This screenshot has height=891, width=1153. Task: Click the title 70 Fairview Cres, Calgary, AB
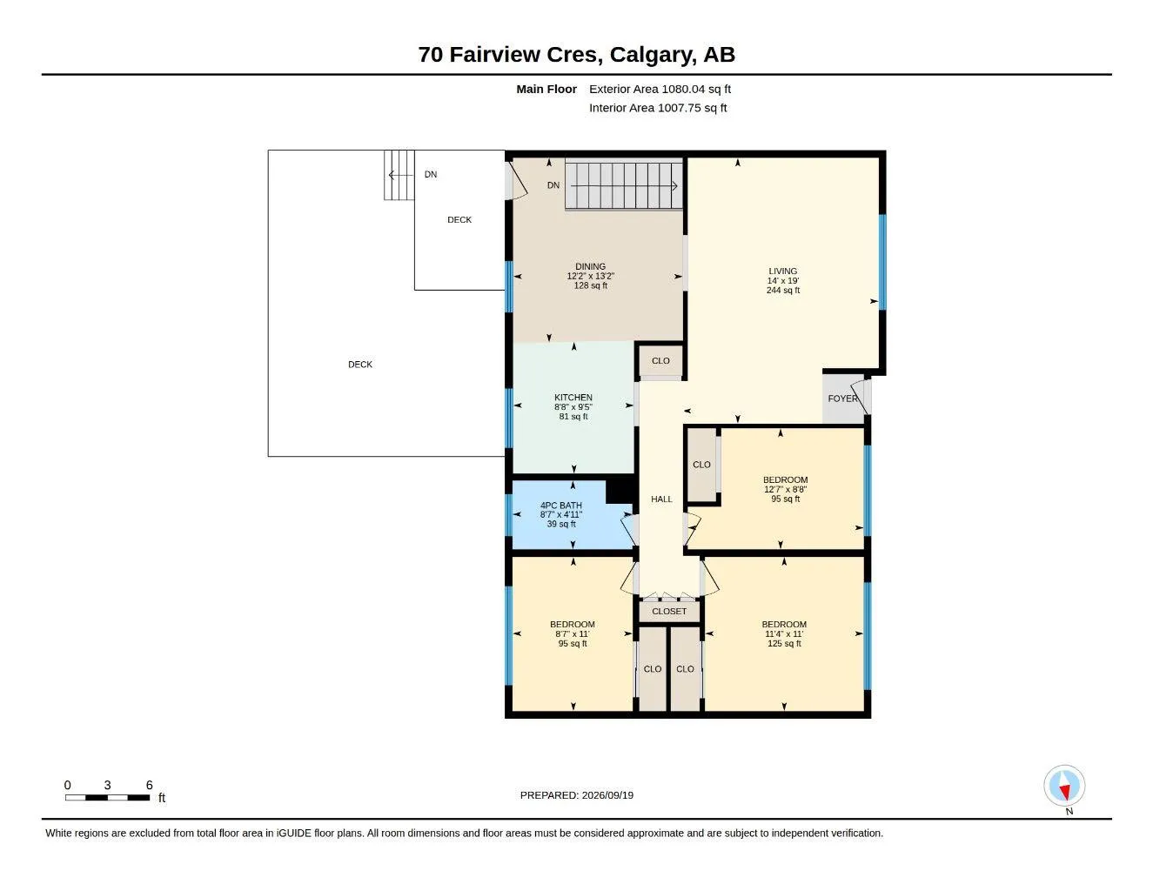pos(576,55)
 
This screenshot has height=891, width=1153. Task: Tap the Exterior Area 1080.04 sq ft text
pos(660,89)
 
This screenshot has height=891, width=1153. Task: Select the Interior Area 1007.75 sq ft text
pos(657,108)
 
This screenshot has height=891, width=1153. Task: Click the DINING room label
pos(590,266)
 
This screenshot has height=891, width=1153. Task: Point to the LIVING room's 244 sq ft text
pos(782,290)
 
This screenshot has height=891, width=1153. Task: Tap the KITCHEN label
pos(573,398)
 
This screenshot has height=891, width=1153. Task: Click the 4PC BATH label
pos(561,506)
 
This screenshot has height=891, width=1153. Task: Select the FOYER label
pos(842,399)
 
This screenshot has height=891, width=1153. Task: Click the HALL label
pos(661,499)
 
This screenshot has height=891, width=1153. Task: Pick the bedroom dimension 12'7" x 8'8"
pos(785,490)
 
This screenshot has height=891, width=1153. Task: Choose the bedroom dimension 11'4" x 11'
pos(784,633)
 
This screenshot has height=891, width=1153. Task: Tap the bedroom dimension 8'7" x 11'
pos(572,633)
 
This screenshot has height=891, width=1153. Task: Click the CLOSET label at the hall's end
pos(668,611)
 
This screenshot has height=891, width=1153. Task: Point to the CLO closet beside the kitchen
pos(660,360)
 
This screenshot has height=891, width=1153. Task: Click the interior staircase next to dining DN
pos(623,185)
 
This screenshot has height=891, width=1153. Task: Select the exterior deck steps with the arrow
pos(399,175)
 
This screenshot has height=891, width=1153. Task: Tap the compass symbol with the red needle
pos(1064,786)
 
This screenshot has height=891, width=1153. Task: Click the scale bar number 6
pos(149,785)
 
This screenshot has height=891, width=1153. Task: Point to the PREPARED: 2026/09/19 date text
pos(576,795)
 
